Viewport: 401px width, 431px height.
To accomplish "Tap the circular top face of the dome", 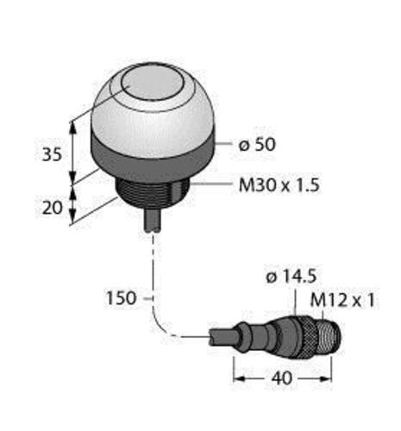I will click(148, 86).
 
